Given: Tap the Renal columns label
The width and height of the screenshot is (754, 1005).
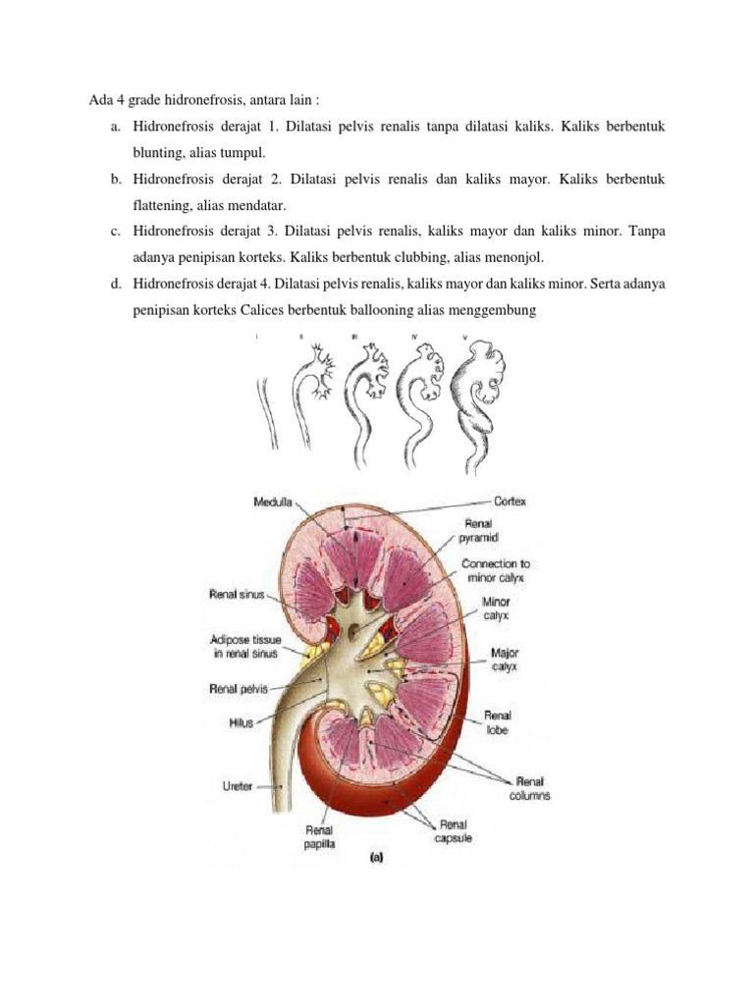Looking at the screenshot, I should click(530, 788).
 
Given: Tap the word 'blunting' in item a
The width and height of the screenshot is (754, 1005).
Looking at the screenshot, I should click(160, 154).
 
